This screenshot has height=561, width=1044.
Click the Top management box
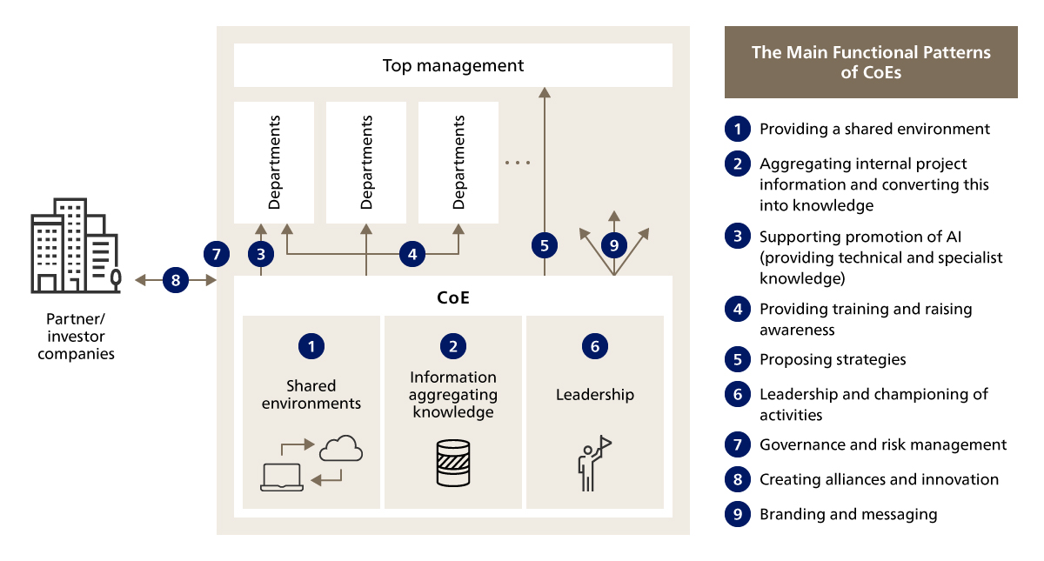click(x=453, y=65)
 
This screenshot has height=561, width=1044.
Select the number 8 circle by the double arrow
click(x=176, y=280)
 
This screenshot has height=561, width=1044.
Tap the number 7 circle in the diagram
click(x=217, y=254)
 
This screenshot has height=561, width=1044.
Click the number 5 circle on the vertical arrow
click(x=545, y=246)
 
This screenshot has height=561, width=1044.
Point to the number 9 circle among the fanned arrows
click(x=614, y=246)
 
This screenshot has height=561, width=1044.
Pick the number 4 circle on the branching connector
click(x=412, y=254)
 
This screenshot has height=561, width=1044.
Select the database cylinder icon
click(x=452, y=463)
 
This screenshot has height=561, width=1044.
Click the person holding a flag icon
click(x=594, y=464)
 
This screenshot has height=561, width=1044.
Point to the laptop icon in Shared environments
click(x=282, y=477)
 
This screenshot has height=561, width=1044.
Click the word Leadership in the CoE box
click(x=595, y=395)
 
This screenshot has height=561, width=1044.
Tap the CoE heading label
click(x=453, y=297)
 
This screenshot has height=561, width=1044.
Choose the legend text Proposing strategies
click(x=833, y=359)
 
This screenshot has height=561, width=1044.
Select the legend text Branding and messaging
click(x=848, y=514)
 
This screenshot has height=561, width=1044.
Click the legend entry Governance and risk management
click(x=883, y=444)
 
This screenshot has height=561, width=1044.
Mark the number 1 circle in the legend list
click(x=737, y=129)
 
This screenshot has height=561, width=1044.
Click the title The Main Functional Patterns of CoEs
click(x=871, y=63)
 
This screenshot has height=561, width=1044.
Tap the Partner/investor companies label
click(x=76, y=336)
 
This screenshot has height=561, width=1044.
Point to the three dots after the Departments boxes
click(x=517, y=163)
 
